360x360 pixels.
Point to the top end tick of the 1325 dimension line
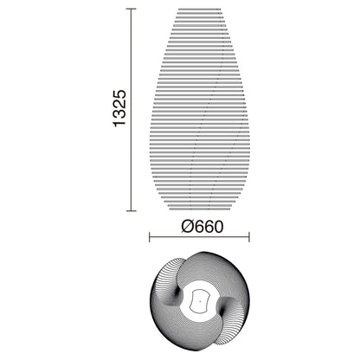click(130, 9)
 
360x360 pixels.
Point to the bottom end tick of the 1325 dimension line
click(130, 210)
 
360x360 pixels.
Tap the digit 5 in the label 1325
click(120, 91)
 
